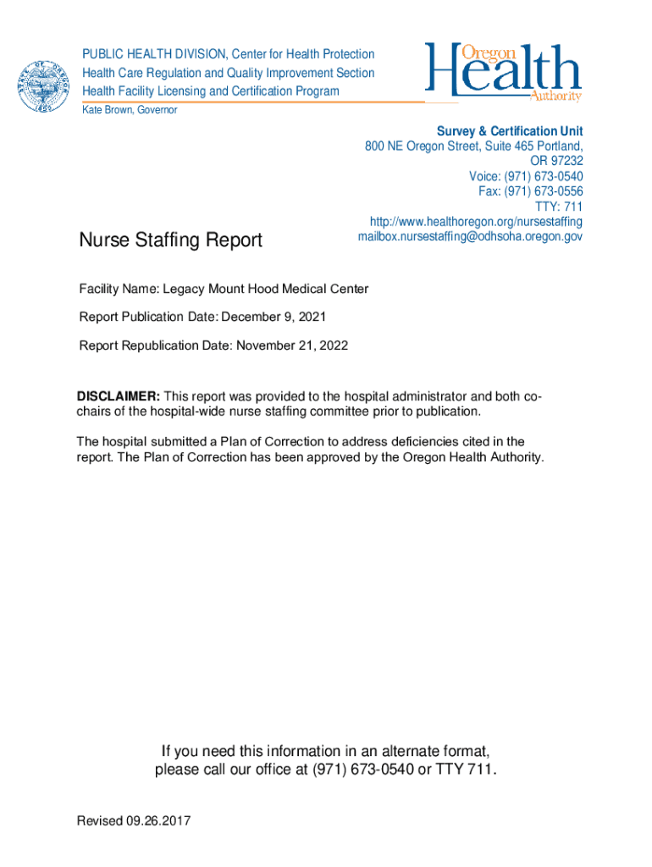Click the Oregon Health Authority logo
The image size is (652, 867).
click(x=503, y=72)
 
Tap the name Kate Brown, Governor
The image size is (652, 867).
click(x=130, y=111)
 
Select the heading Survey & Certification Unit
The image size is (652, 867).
click(x=509, y=131)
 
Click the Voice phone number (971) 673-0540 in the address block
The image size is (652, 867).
click(x=543, y=176)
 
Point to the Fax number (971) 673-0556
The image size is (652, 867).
click(x=547, y=191)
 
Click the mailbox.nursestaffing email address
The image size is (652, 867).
click(x=470, y=237)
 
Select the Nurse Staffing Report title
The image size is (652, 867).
click(x=170, y=240)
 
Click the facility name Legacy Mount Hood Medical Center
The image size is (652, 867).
click(x=265, y=289)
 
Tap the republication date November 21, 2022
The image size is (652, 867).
click(x=292, y=345)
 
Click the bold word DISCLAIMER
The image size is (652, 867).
click(x=118, y=396)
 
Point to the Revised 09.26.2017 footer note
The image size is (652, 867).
click(x=134, y=820)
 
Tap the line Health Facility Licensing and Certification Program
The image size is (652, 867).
click(x=210, y=91)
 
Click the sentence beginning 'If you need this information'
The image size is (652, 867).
click(x=325, y=751)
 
